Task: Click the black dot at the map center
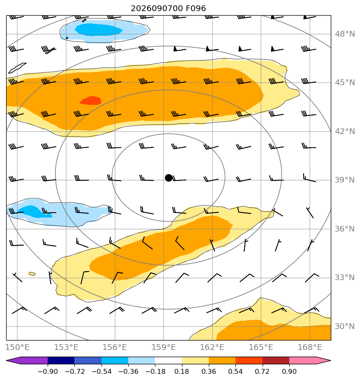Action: coord(168,178)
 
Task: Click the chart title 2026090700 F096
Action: coord(168,9)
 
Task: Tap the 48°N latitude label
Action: coord(345,34)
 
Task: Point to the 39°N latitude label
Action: coord(345,180)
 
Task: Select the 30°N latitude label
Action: coord(345,326)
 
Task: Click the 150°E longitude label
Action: coord(17,347)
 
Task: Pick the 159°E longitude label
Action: coord(164,347)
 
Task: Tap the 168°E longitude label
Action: coord(309,347)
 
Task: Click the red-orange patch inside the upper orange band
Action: coord(90,101)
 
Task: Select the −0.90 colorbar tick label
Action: coord(48,371)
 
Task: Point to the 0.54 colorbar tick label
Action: coord(235,371)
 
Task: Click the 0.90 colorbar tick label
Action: coord(289,371)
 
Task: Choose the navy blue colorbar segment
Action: coord(61,361)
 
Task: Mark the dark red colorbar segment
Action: coord(276,361)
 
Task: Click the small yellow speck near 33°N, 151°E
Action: coord(32,274)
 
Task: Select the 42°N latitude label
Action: coord(345,131)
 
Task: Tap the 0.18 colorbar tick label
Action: coord(182,371)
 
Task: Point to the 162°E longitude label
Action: coord(212,347)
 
